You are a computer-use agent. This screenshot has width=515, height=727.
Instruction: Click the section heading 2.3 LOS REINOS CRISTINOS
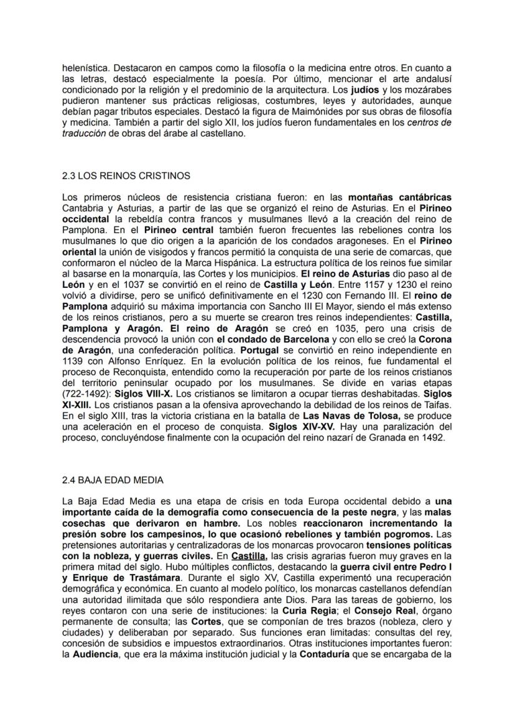tap(126, 176)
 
